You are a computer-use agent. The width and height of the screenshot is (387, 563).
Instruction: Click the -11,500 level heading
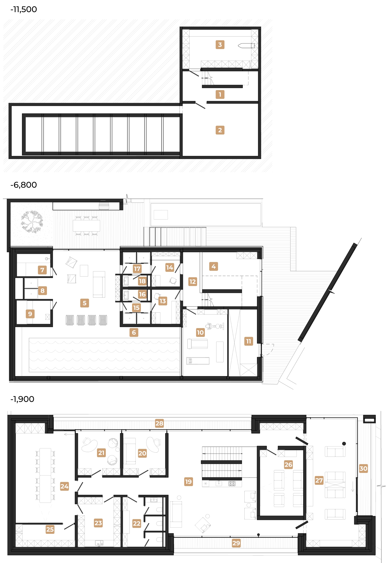23,10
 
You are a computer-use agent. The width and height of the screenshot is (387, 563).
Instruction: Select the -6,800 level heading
23,185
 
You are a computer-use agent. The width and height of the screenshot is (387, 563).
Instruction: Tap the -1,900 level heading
22,399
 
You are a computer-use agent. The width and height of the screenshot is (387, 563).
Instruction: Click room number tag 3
220,45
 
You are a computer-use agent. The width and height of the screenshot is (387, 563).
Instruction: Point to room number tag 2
220,130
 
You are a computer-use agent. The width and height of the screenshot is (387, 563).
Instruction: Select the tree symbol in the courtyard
32,222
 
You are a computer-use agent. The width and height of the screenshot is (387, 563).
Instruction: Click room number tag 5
84,303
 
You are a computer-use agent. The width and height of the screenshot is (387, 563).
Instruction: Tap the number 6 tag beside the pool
134,332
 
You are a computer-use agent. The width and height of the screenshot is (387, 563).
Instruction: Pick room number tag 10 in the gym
200,332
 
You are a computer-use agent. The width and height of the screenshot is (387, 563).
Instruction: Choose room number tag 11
248,341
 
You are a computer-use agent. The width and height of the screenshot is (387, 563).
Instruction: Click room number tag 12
192,282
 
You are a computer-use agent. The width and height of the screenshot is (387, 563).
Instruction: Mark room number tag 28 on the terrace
159,423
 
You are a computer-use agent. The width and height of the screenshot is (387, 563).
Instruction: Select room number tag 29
236,543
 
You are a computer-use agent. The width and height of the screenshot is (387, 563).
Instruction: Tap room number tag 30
363,469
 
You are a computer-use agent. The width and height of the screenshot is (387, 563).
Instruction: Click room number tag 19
189,481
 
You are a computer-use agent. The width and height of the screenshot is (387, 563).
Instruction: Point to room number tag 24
64,486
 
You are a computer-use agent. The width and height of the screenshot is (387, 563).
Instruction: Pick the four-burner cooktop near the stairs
232,483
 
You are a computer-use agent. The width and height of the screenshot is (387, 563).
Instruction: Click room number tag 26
288,465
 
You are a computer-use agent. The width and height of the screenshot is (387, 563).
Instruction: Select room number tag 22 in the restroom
136,524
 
